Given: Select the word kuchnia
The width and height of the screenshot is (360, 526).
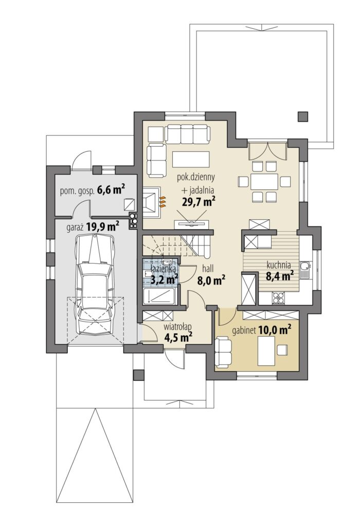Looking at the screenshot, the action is (x=279, y=265).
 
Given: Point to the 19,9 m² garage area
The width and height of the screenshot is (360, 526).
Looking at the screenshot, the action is (x=102, y=227).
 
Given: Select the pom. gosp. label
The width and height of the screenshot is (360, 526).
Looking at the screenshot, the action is (x=77, y=191).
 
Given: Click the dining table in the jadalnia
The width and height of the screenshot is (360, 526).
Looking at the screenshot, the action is (x=264, y=182).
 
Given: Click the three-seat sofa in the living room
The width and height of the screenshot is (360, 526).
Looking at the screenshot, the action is (x=187, y=133).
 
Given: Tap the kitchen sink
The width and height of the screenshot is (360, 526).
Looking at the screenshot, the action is (x=305, y=270).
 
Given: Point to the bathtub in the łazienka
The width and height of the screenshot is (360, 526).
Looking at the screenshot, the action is (x=159, y=296).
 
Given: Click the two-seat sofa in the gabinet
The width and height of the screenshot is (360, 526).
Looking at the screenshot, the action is (x=223, y=353).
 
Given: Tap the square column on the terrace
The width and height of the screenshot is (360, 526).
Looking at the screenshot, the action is (x=302, y=116).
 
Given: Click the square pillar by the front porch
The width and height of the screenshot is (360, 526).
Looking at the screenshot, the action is (x=138, y=375).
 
